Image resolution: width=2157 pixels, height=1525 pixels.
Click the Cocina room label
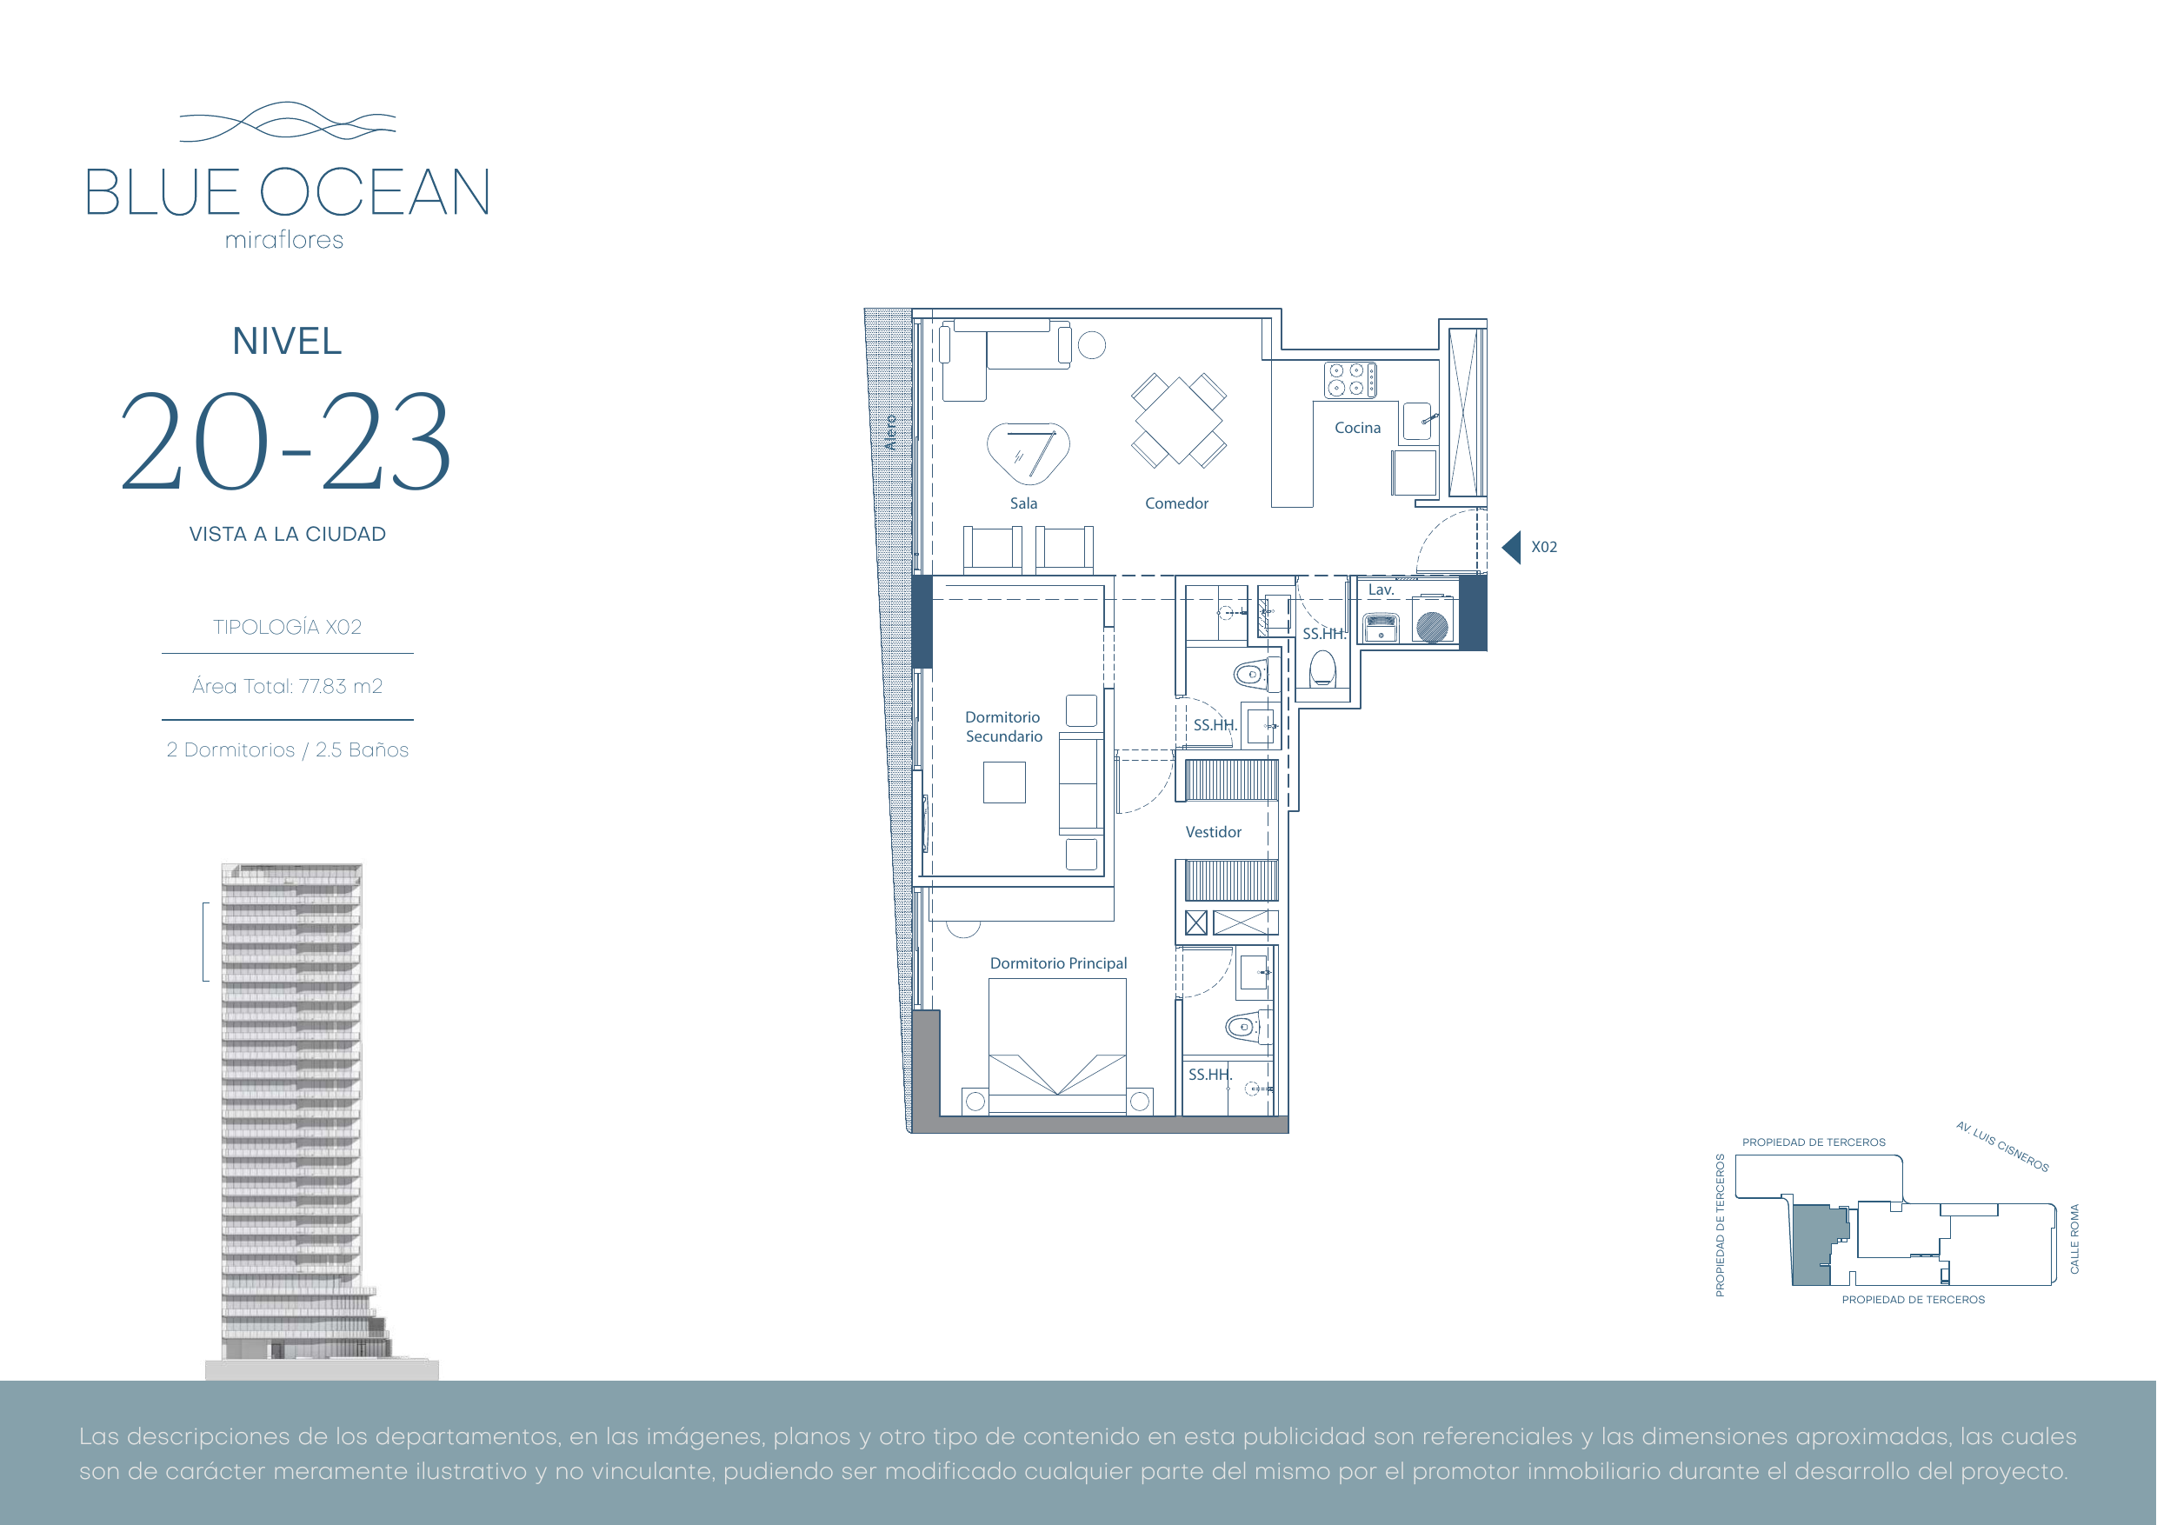tap(1357, 428)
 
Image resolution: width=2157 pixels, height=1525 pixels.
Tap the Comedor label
tap(1176, 503)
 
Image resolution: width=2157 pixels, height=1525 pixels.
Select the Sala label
tap(1023, 503)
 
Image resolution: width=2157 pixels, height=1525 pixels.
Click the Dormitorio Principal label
tap(1058, 963)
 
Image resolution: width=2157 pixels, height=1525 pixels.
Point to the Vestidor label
tap(1213, 831)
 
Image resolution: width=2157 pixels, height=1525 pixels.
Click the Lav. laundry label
tap(1380, 590)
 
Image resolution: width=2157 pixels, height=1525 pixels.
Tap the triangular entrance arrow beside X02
tap(1512, 547)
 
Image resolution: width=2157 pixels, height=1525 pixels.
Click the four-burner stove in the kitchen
tap(1350, 381)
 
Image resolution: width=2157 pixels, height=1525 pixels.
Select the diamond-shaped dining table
tap(1178, 420)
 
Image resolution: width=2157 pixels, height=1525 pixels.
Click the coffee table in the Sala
tap(1028, 453)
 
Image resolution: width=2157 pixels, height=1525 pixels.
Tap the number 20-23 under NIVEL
tap(287, 442)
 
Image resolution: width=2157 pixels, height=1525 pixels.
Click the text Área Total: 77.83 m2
tap(288, 686)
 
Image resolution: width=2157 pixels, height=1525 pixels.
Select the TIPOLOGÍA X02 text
tap(288, 627)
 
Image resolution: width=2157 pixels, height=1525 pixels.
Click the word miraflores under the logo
tap(284, 241)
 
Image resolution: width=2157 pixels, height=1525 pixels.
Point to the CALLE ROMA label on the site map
tap(2074, 1238)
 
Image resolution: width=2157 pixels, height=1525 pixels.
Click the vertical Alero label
tap(889, 432)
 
